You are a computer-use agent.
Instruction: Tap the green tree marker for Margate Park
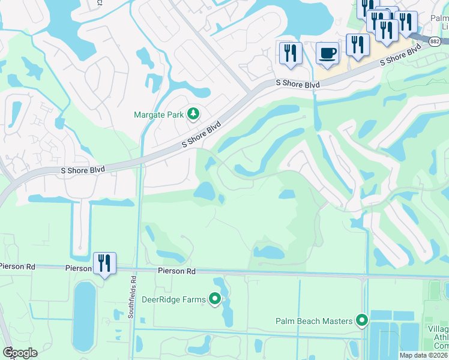[193, 113]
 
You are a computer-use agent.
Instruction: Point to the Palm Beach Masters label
[314, 321]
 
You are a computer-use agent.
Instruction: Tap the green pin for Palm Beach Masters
[361, 321]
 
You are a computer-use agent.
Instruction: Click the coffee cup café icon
[327, 53]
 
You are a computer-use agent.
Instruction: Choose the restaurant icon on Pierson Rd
[104, 263]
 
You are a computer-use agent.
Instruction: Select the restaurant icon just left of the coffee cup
[289, 53]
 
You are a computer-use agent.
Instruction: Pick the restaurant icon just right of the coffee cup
[358, 45]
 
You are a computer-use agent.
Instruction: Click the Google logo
[19, 353]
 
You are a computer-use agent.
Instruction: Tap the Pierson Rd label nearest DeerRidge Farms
[177, 271]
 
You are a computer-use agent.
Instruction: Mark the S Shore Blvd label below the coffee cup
[298, 85]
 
